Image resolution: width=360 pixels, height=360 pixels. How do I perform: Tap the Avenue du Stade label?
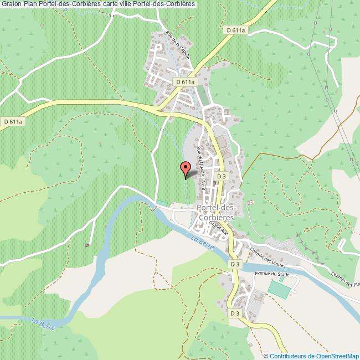(272, 274)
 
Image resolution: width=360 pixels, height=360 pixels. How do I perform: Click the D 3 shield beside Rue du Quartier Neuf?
(221, 176)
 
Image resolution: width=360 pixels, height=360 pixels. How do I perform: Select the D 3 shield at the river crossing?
(235, 265)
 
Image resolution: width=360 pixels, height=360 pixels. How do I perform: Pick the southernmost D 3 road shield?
(235, 313)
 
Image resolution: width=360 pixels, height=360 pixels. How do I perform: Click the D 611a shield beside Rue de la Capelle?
(186, 81)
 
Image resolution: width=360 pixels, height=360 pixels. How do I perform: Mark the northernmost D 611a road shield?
(236, 29)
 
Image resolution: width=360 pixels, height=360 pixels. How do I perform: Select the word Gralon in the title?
(12, 5)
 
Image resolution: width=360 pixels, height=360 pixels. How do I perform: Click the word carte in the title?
(105, 5)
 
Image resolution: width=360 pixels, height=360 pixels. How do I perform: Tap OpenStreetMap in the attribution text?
(337, 356)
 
